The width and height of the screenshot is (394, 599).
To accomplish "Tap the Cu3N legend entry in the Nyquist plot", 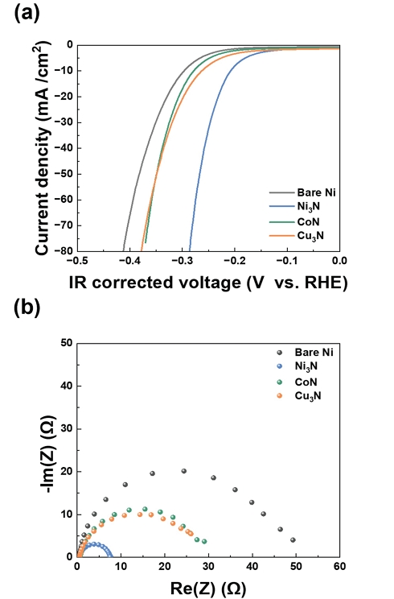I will (x=307, y=396).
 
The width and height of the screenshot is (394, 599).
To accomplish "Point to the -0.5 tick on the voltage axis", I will (x=77, y=262).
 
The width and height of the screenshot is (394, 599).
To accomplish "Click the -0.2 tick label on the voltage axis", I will (x=235, y=262).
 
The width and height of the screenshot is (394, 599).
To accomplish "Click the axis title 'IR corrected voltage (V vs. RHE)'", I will (x=207, y=282).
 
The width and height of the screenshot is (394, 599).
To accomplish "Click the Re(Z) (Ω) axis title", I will (x=207, y=587).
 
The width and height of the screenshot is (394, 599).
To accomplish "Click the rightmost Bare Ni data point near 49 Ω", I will (x=293, y=539).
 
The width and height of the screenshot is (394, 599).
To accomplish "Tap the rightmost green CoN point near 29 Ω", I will (x=204, y=541).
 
